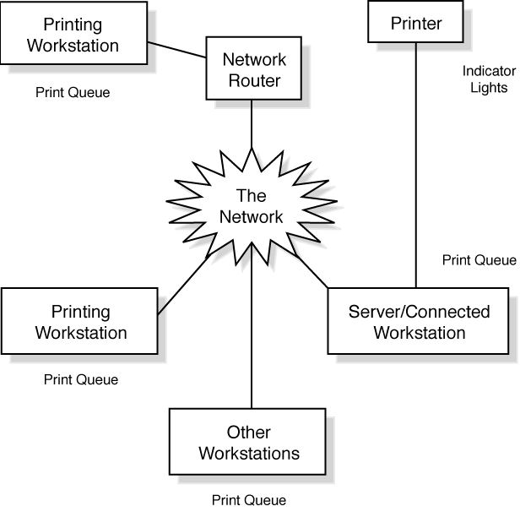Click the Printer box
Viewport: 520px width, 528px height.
(x=416, y=23)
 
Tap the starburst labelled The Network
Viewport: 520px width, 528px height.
(x=252, y=204)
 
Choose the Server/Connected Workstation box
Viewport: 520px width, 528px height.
(x=419, y=321)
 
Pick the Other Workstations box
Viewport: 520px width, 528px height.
(x=249, y=443)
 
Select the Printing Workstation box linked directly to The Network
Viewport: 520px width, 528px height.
(x=81, y=322)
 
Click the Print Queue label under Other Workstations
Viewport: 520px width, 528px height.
(x=249, y=500)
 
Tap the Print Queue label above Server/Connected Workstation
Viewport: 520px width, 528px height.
(x=479, y=260)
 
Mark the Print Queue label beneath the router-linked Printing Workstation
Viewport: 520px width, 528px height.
(x=73, y=93)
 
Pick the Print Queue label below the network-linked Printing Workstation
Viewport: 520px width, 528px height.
(x=81, y=380)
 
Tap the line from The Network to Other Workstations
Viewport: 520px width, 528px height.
(x=252, y=338)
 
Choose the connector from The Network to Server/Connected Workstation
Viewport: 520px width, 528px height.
(x=312, y=271)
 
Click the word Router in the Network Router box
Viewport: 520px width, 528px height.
(x=254, y=81)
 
